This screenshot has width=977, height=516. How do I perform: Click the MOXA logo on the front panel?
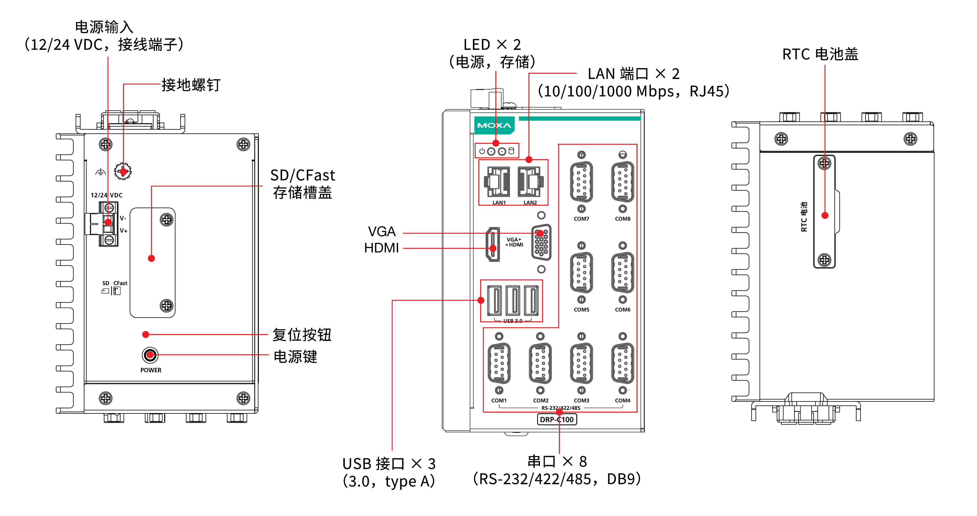[x=494, y=125]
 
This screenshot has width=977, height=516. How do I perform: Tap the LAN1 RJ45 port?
[x=497, y=182]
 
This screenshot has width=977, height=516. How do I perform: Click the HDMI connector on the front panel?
[x=493, y=245]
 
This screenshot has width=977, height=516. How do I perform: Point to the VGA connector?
[x=541, y=242]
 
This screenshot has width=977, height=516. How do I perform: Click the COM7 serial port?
[x=581, y=182]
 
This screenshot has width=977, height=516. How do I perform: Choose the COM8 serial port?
[x=622, y=182]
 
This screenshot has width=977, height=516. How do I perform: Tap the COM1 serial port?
[x=499, y=363]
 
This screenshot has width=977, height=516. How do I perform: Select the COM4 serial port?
[x=622, y=363]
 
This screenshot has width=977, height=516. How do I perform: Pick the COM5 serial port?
[x=581, y=273]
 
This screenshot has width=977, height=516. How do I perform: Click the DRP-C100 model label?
[x=557, y=419]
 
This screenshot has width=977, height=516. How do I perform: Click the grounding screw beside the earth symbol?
[x=123, y=171]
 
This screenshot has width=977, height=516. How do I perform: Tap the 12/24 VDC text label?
[x=106, y=195]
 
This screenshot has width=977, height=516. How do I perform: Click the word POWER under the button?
[x=151, y=370]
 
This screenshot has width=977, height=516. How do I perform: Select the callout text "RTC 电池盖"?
[x=820, y=54]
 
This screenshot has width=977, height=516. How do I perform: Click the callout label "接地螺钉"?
[x=191, y=85]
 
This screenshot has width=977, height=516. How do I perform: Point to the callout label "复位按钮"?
[x=302, y=335]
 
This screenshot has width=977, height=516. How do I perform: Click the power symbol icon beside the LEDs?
[x=482, y=151]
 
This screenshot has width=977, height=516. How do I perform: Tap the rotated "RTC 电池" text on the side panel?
[x=804, y=217]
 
